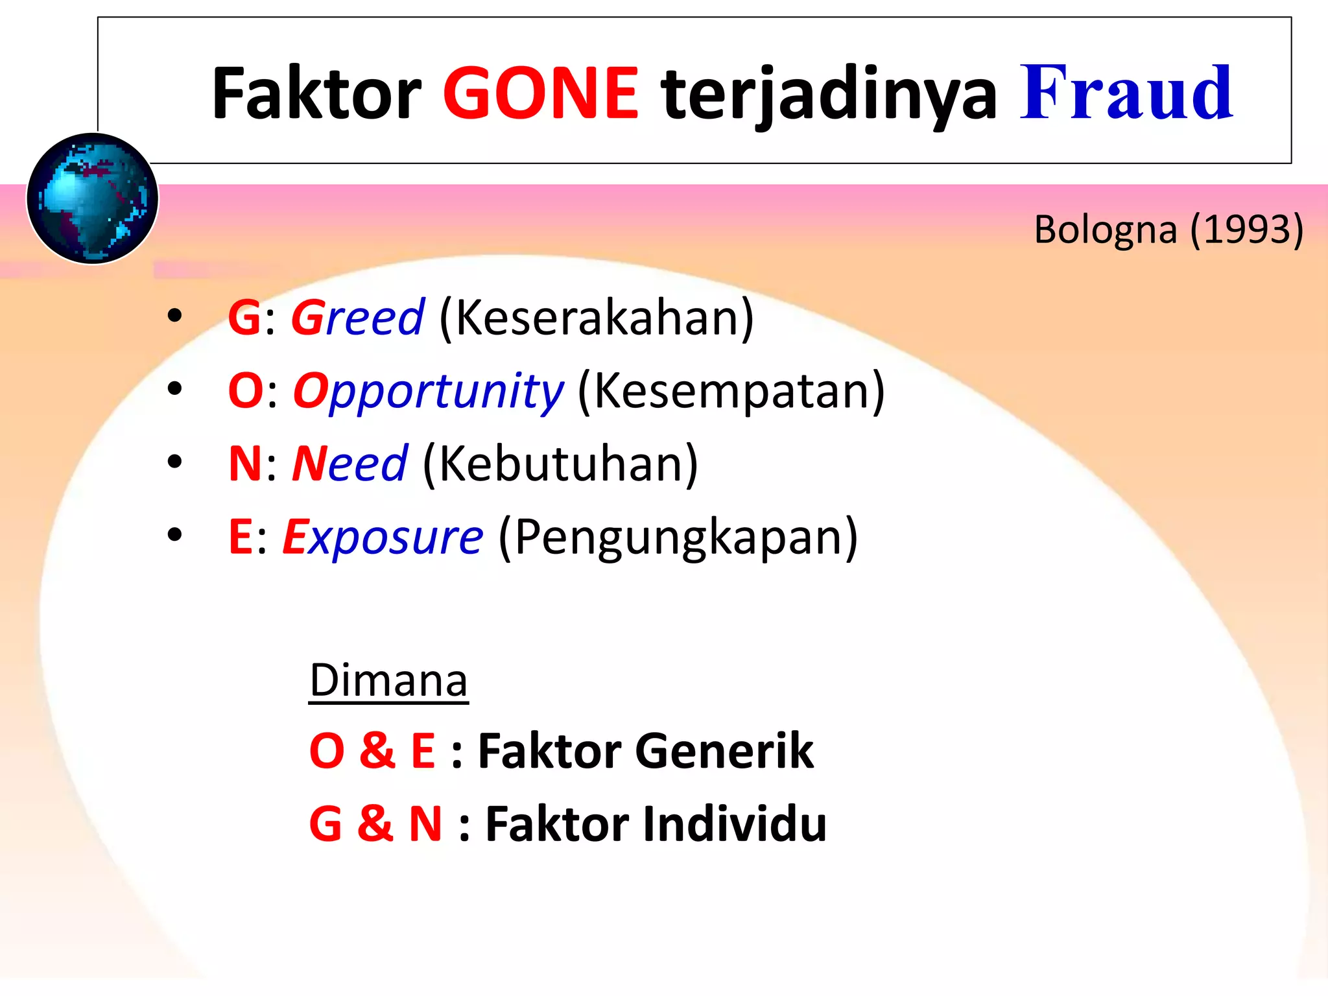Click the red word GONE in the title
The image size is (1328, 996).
[540, 94]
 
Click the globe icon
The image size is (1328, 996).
[92, 198]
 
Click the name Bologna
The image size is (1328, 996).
[1105, 231]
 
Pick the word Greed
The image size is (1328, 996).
[357, 318]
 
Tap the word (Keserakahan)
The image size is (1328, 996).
[597, 318]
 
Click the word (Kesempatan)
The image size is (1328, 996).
[731, 391]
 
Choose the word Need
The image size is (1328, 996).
[350, 464]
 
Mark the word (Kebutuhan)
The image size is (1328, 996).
[560, 464]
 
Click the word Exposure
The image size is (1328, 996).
[383, 538]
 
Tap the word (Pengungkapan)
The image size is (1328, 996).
[678, 538]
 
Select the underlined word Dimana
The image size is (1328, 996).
[388, 680]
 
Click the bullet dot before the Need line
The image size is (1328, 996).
[174, 462]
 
